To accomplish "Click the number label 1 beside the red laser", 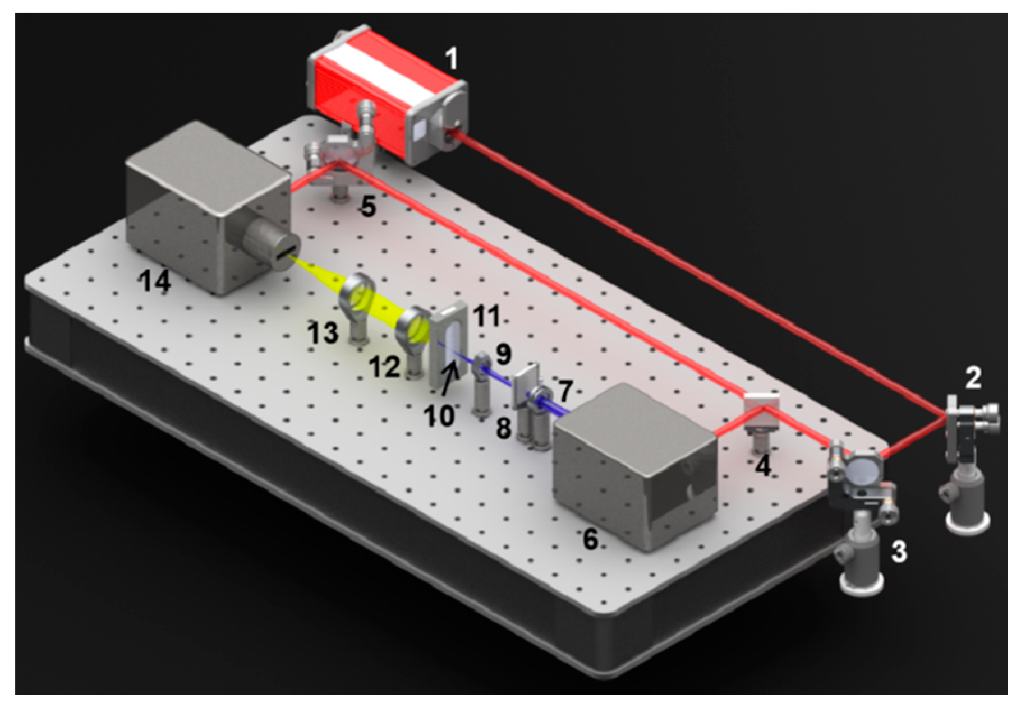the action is [450, 58].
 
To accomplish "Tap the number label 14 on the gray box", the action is [155, 280].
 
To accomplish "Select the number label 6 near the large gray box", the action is [590, 539].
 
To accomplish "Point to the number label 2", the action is [973, 378].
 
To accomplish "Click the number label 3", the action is [899, 552].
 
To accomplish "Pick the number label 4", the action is [762, 466].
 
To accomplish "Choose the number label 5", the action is [368, 207].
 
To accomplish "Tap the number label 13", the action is [323, 333].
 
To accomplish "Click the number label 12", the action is [384, 367].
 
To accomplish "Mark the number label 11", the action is [486, 317].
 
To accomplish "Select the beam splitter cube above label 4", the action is [761, 410].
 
